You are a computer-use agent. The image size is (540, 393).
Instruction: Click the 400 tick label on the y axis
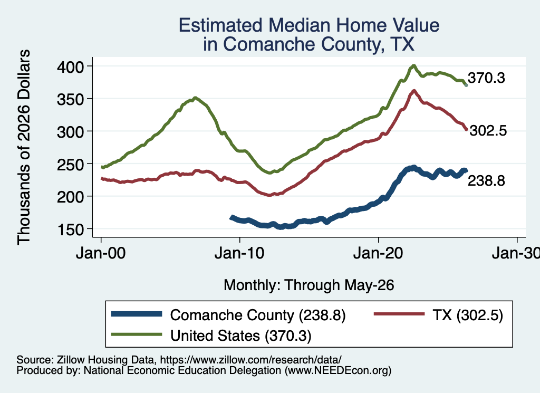point(70,66)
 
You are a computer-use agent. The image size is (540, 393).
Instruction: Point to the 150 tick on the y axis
point(70,229)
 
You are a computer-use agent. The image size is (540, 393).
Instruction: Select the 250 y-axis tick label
point(70,164)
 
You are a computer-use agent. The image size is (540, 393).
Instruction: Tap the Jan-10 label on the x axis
point(239,253)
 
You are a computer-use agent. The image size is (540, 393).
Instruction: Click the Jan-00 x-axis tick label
point(101,253)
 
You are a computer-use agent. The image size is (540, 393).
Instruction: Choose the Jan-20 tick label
point(378,253)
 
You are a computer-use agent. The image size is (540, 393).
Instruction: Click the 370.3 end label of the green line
point(486,78)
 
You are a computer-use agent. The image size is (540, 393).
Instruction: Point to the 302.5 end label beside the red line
point(488,130)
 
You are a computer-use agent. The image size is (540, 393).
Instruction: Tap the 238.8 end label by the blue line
point(486,180)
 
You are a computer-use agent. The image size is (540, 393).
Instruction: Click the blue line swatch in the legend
point(137,314)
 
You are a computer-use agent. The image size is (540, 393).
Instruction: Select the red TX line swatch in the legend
point(399,314)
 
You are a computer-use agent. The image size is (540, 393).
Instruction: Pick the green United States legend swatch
point(137,334)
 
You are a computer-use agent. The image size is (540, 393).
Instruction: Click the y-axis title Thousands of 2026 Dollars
point(24,147)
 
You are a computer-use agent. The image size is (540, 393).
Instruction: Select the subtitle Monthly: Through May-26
point(309,285)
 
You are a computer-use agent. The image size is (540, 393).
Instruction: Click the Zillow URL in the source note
point(251,360)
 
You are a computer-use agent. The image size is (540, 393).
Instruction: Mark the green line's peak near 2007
point(195,98)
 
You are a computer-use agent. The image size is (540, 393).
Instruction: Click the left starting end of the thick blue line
point(232,217)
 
